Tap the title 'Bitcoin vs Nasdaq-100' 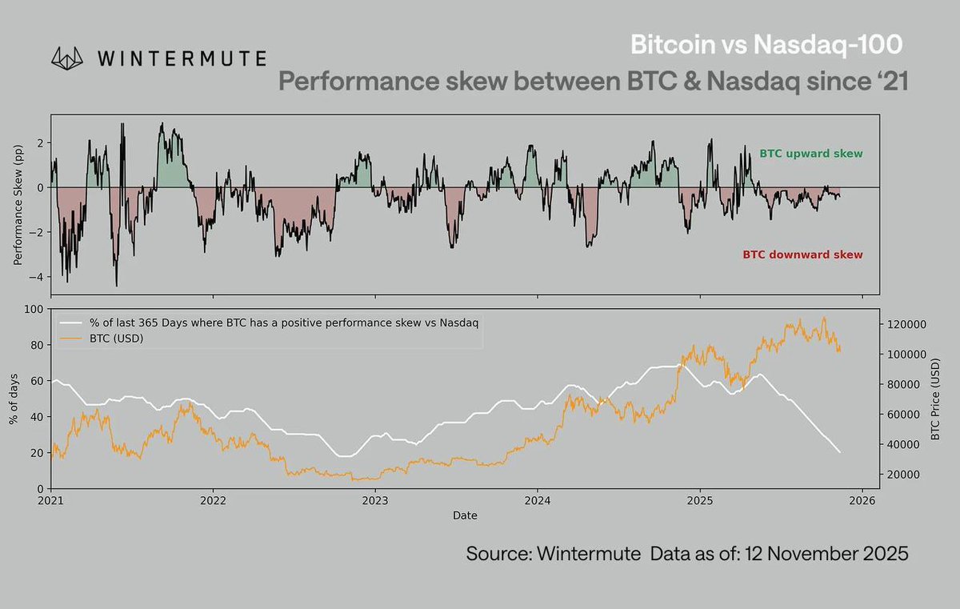pos(770,45)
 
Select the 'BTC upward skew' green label pos(811,153)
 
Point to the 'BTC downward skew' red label pos(802,254)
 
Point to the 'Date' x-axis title pos(465,516)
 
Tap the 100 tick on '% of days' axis pos(34,310)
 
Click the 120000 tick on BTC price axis pos(903,324)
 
